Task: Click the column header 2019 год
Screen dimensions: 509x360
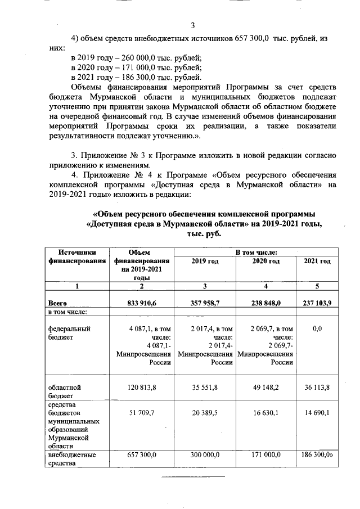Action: (x=205, y=262)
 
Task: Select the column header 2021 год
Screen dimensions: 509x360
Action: (x=317, y=262)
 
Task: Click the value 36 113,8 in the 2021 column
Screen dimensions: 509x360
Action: (x=317, y=388)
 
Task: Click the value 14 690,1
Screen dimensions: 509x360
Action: (x=317, y=413)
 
